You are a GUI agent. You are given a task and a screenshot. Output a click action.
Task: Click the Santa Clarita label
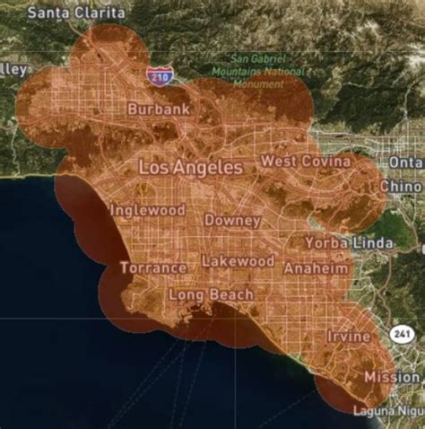tap(76, 13)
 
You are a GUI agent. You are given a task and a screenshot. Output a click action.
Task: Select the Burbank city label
tap(159, 109)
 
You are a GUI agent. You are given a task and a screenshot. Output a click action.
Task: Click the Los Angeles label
tap(191, 167)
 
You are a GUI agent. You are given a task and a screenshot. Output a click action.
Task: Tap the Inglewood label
tap(147, 210)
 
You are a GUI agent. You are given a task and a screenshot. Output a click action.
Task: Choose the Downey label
tap(233, 220)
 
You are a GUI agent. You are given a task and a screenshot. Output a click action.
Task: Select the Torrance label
tap(153, 267)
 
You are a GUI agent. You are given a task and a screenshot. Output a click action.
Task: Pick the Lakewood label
tap(238, 261)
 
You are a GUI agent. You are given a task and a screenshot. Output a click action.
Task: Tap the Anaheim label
tap(316, 268)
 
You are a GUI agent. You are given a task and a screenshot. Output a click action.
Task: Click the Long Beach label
tap(212, 293)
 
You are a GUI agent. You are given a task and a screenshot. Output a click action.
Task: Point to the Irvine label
tap(349, 336)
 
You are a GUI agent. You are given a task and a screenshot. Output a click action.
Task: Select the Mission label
tap(392, 377)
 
